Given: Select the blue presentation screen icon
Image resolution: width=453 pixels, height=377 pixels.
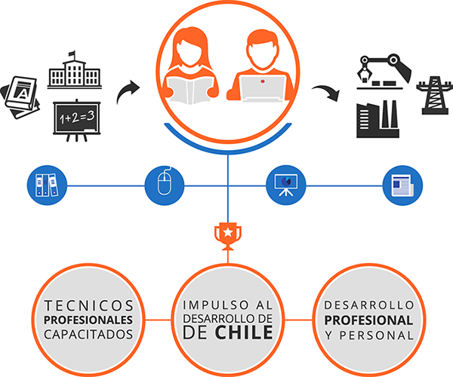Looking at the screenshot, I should pyautogui.click(x=285, y=184).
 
